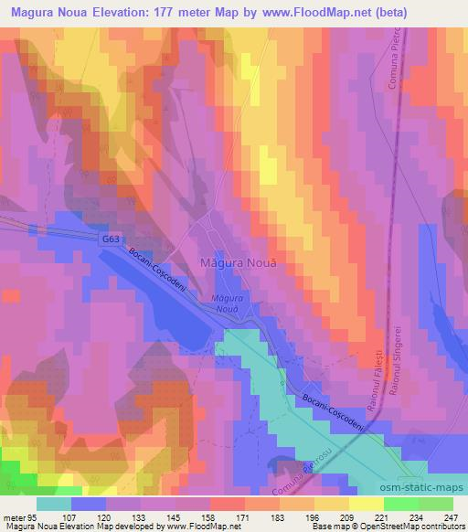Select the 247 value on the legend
pos(450,516)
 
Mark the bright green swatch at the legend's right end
pos(435,503)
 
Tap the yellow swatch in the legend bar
pos(367,503)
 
